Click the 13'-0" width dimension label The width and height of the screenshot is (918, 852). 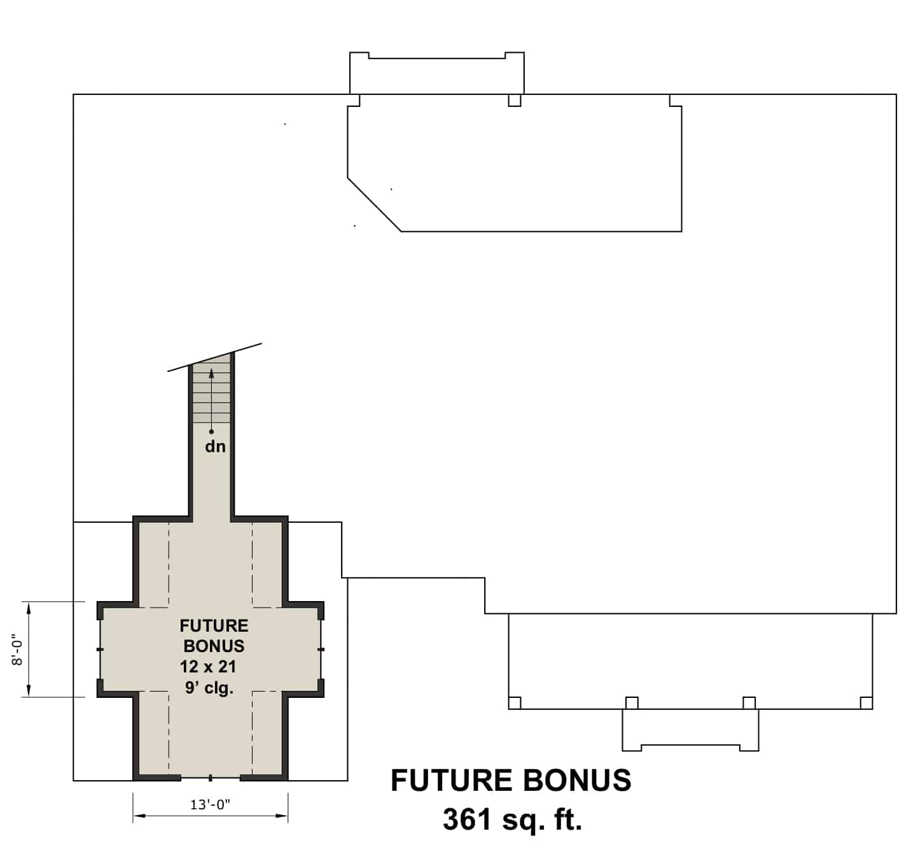210,804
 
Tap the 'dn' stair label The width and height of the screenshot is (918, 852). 215,446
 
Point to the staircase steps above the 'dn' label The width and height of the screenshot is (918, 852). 211,395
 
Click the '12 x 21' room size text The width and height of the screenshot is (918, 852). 208,667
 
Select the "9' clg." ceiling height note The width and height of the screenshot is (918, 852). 210,688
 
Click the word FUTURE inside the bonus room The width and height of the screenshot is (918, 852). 214,625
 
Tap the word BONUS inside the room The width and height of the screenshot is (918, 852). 214,646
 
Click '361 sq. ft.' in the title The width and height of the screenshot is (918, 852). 512,820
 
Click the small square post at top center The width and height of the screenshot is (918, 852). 514,100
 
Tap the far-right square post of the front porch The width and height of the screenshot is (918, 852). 866,702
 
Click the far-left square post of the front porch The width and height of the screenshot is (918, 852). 515,702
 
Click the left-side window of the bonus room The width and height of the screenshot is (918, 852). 100,649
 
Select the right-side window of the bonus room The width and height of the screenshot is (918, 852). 321,649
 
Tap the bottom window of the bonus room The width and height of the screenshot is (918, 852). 211,777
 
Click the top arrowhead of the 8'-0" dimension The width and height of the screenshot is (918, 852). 28,608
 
